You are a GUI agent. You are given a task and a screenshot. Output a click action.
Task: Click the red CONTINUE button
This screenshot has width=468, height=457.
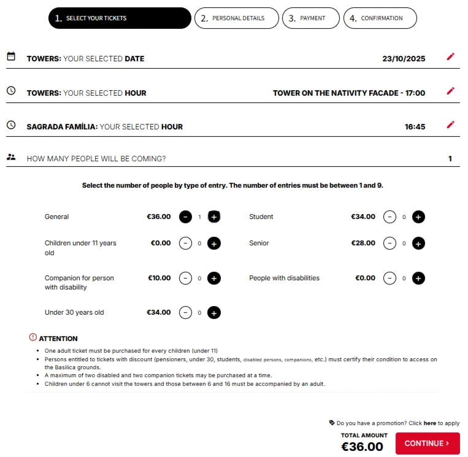428,444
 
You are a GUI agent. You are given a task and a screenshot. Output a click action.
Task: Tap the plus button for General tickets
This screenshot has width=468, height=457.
213,217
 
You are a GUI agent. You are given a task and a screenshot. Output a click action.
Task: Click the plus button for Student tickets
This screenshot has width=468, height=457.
418,217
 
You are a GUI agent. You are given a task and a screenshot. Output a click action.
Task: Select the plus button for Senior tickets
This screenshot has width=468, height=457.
418,244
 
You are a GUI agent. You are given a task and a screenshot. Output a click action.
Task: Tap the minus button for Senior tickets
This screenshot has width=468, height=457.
389,244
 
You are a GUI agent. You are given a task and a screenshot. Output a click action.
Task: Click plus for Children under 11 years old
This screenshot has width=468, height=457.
213,244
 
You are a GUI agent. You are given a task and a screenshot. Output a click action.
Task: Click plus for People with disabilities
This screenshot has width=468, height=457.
418,278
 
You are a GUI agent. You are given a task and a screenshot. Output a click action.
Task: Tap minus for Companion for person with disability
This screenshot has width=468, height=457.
185,278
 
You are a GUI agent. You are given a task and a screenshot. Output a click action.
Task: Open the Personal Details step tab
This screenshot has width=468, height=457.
237,18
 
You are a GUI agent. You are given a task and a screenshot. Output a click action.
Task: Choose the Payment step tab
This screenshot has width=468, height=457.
311,18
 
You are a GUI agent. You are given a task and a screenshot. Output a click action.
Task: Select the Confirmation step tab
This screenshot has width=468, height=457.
380,18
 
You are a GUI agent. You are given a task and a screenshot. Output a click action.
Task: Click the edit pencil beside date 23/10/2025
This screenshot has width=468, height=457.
451,57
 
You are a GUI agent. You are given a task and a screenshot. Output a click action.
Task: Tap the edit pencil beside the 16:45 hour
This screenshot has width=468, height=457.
451,125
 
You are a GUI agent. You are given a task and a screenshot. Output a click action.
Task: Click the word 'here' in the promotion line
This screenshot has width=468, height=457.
429,423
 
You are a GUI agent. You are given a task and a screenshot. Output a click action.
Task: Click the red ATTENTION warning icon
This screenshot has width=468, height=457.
33,337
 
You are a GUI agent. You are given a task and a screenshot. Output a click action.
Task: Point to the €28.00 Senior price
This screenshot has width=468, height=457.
363,244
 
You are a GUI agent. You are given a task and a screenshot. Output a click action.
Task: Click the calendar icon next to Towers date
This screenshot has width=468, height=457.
11,56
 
